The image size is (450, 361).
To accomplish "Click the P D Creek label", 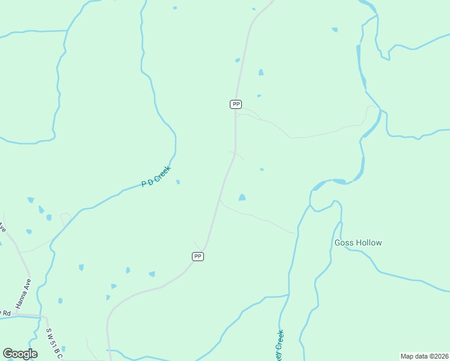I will [x=156, y=176].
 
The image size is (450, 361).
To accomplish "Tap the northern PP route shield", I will [x=236, y=104].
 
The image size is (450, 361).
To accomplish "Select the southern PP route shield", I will [x=198, y=256].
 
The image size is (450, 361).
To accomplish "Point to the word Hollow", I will [x=369, y=243].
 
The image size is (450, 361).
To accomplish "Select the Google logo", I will [x=20, y=354].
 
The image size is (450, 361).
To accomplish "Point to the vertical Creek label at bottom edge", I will [x=279, y=344].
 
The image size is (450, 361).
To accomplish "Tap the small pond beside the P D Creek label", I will [x=177, y=182].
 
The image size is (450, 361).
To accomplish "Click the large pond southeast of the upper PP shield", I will [x=242, y=197].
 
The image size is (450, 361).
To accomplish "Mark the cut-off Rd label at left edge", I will [x=5, y=313].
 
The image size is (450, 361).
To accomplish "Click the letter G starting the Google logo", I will [x=8, y=354].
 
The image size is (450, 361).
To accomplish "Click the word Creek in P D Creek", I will [x=162, y=173].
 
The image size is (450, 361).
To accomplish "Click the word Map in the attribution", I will [x=407, y=356].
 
